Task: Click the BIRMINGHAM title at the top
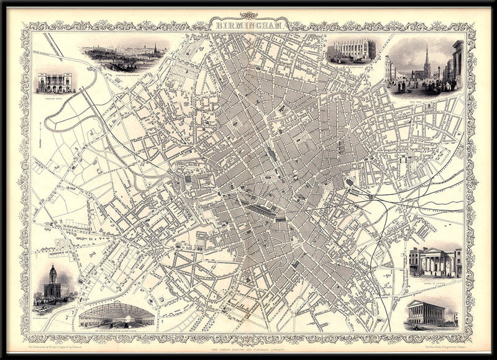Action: click(x=249, y=26)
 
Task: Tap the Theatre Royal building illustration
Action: click(x=55, y=83)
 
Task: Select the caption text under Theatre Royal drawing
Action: click(x=55, y=97)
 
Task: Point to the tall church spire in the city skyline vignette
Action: click(x=155, y=48)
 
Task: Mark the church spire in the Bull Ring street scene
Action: click(x=427, y=60)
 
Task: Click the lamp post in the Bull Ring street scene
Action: click(x=439, y=74)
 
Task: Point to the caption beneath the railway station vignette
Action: click(x=116, y=330)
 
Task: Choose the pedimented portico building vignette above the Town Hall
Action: click(x=435, y=262)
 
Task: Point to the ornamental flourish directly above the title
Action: click(x=248, y=16)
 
